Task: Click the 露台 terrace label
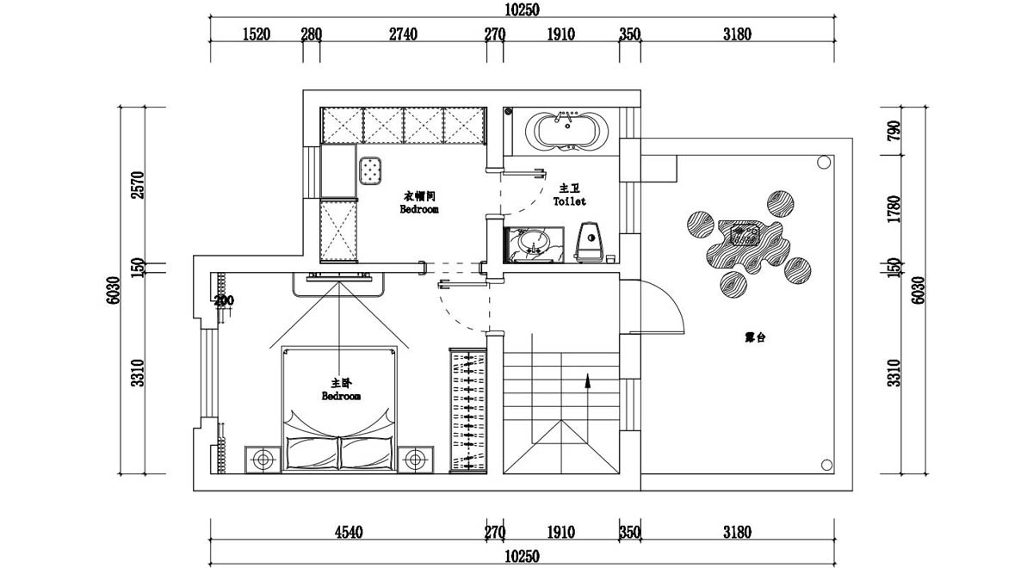tap(755, 338)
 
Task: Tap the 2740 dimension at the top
tap(403, 34)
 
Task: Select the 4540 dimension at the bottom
tap(348, 533)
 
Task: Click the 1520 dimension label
tap(257, 34)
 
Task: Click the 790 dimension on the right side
tap(894, 131)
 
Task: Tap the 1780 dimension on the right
tap(894, 210)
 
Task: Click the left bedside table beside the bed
tap(263, 459)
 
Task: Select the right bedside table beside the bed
tap(417, 459)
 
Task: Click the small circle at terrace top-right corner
tap(823, 161)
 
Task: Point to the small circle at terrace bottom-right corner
tap(825, 463)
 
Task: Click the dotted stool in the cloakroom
tap(371, 170)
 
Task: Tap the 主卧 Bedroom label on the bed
tap(341, 390)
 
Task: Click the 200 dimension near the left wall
tap(224, 301)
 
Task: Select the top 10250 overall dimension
tap(522, 9)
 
